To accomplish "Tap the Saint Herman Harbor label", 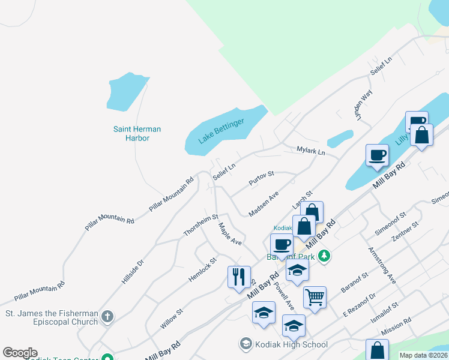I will pyautogui.click(x=137, y=133).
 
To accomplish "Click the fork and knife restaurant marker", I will pyautogui.click(x=239, y=277).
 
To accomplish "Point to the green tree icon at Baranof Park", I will pyautogui.click(x=324, y=256).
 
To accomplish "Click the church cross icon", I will pyautogui.click(x=107, y=316).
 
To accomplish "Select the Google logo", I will pyautogui.click(x=20, y=353).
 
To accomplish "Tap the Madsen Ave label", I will pyautogui.click(x=264, y=204).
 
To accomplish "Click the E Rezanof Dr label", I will pyautogui.click(x=359, y=305).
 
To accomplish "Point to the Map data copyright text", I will pyautogui.click(x=423, y=355).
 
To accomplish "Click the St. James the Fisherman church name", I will pyautogui.click(x=52, y=317).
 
